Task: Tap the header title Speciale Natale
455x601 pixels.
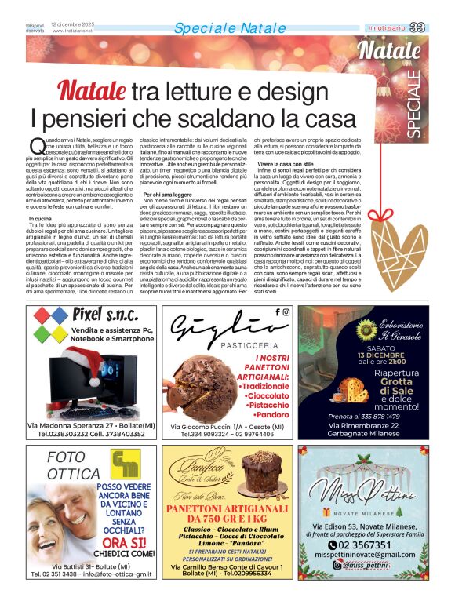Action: [x=219, y=28]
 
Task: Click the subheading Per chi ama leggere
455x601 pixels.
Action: [x=168, y=193]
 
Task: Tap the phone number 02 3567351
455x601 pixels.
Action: [x=373, y=566]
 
